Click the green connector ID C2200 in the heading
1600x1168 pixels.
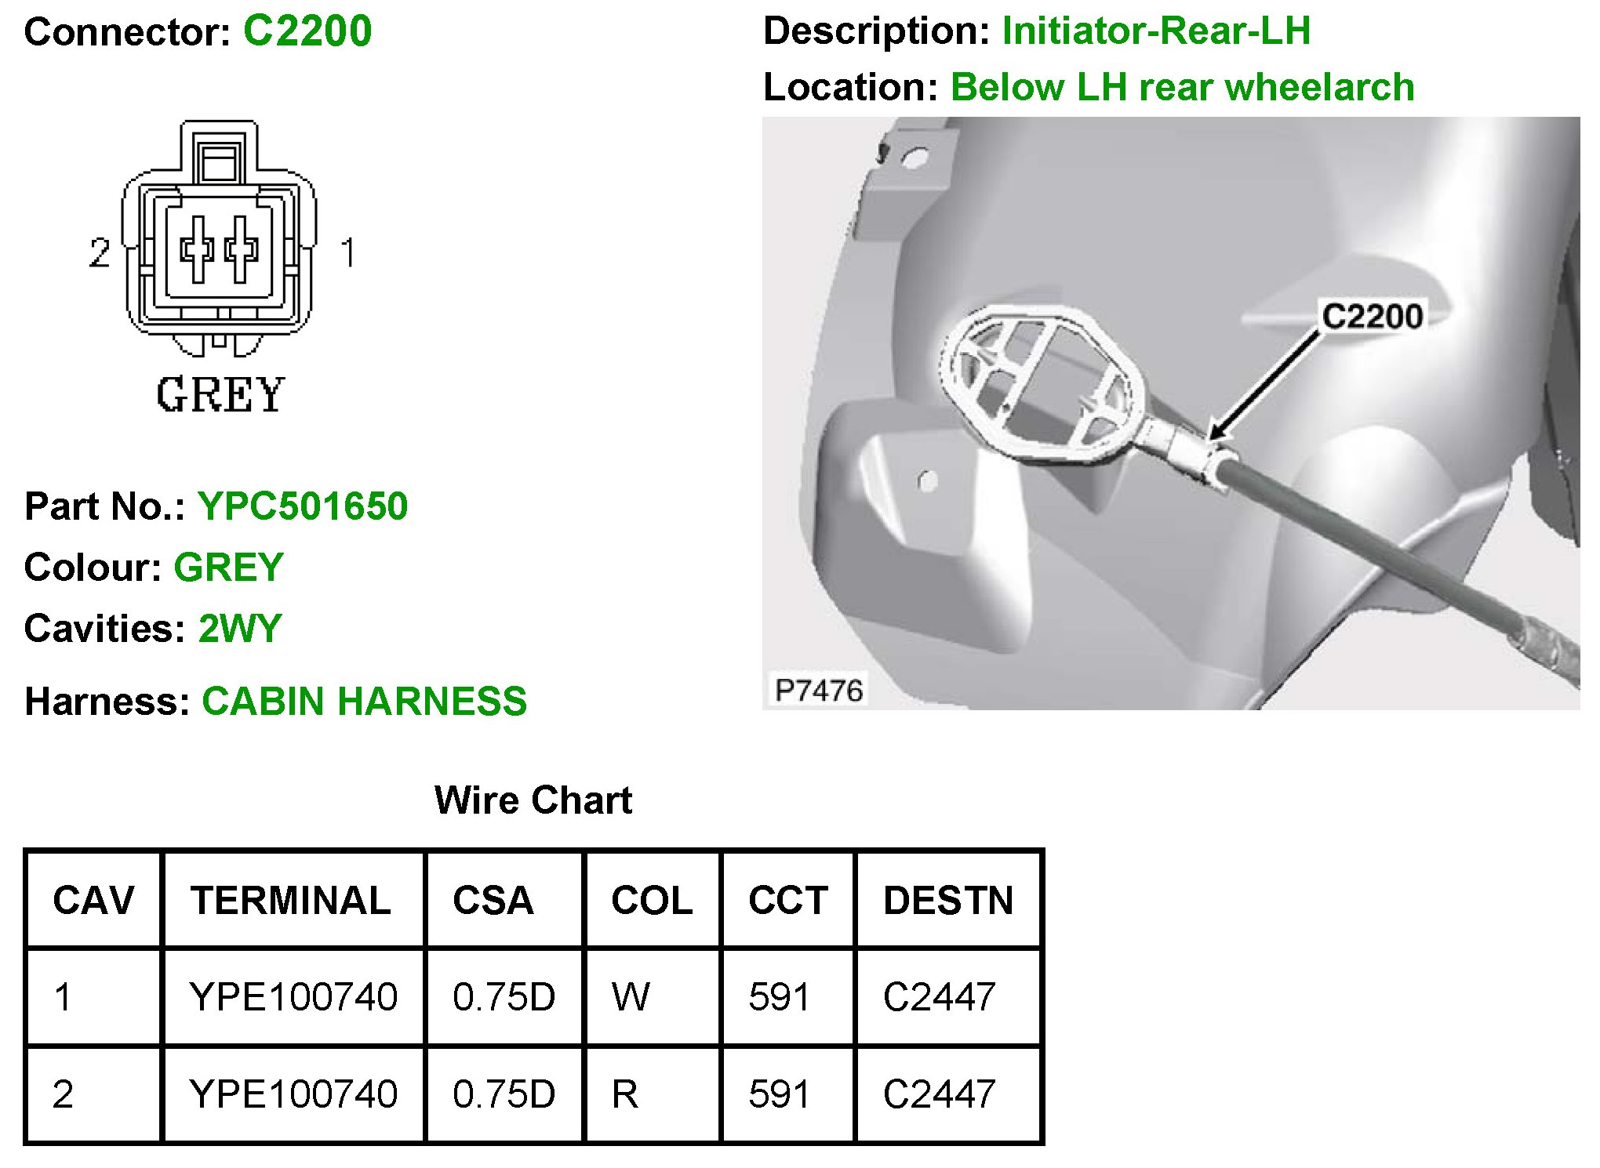pyautogui.click(x=307, y=31)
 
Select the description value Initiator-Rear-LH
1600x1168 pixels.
pyautogui.click(x=1156, y=31)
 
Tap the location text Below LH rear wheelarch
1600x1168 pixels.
pyautogui.click(x=1182, y=87)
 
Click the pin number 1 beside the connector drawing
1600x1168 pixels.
pyautogui.click(x=347, y=253)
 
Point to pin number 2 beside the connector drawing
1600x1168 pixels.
pyautogui.click(x=99, y=253)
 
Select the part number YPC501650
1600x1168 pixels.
pyautogui.click(x=302, y=506)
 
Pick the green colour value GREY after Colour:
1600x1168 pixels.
pyautogui.click(x=228, y=568)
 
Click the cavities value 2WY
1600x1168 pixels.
pyautogui.click(x=240, y=629)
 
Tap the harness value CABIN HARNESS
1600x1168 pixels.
pyautogui.click(x=364, y=702)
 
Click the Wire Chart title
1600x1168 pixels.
pyautogui.click(x=533, y=800)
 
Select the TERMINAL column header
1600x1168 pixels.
pyautogui.click(x=291, y=900)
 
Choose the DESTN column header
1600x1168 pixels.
pyautogui.click(x=948, y=900)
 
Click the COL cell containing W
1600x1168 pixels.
pyautogui.click(x=631, y=997)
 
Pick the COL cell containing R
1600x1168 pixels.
pyautogui.click(x=625, y=1094)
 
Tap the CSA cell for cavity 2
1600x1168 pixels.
pyautogui.click(x=504, y=1094)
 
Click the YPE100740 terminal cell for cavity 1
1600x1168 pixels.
pyautogui.click(x=293, y=997)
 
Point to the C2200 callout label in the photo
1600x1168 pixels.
pyautogui.click(x=1372, y=317)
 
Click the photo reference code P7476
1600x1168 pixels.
pyautogui.click(x=819, y=691)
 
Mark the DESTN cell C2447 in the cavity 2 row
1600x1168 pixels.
pyautogui.click(x=939, y=1094)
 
